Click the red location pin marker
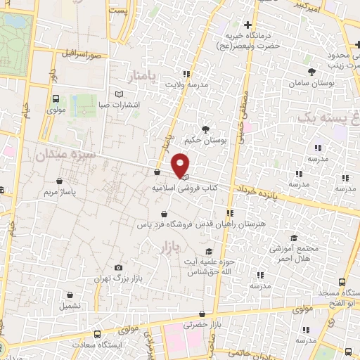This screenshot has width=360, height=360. [180, 165]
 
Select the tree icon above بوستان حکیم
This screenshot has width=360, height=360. [205, 129]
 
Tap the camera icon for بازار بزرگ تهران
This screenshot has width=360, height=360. [118, 268]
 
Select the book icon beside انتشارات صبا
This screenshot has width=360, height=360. [118, 94]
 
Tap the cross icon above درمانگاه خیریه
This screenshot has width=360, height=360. [247, 25]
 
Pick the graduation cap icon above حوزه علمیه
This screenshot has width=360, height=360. [207, 251]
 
